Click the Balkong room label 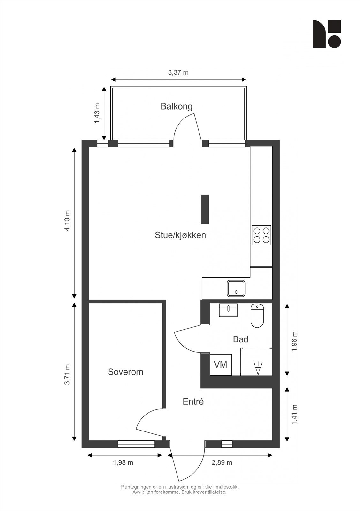176,106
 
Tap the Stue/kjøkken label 180,235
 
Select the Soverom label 125,372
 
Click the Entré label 193,402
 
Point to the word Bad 240,339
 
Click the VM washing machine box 221,364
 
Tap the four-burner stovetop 261,235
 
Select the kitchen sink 236,288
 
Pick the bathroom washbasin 228,310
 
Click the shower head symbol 258,368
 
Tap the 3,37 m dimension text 178,72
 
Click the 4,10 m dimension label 67,221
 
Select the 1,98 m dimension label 123,462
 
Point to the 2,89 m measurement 222,462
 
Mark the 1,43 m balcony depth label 97,113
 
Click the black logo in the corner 327,34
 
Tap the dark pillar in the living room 205,209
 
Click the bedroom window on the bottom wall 136,444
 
